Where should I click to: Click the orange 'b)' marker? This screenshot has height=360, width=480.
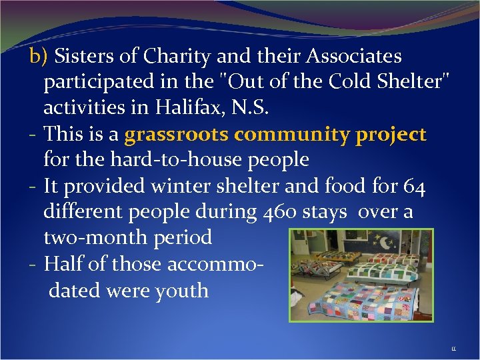coord(39,57)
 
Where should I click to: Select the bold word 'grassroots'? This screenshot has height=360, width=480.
coord(177,135)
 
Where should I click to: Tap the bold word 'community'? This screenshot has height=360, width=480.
coord(293,135)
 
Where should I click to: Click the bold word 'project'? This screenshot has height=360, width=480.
coord(391,135)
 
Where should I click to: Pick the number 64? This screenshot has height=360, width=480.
coord(415,187)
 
